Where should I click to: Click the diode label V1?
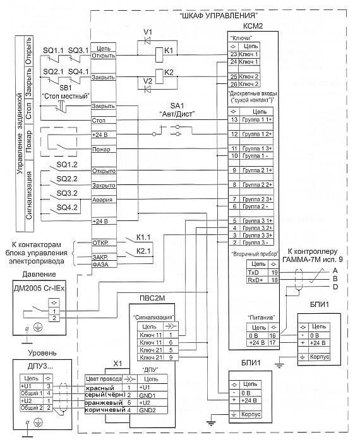(x=148, y=32)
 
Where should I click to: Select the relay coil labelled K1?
(x=159, y=51)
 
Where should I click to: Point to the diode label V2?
(x=148, y=81)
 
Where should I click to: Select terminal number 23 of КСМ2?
(x=234, y=54)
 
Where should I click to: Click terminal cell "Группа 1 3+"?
(x=257, y=148)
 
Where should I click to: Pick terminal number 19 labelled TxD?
(x=274, y=273)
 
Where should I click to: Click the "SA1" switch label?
(x=177, y=105)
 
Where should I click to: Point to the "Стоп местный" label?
(x=66, y=96)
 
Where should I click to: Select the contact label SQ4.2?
(x=67, y=208)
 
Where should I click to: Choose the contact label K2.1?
(x=143, y=251)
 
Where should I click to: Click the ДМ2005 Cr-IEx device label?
(x=39, y=289)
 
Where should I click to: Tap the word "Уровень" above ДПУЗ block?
(x=42, y=352)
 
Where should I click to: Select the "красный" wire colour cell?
(x=100, y=388)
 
